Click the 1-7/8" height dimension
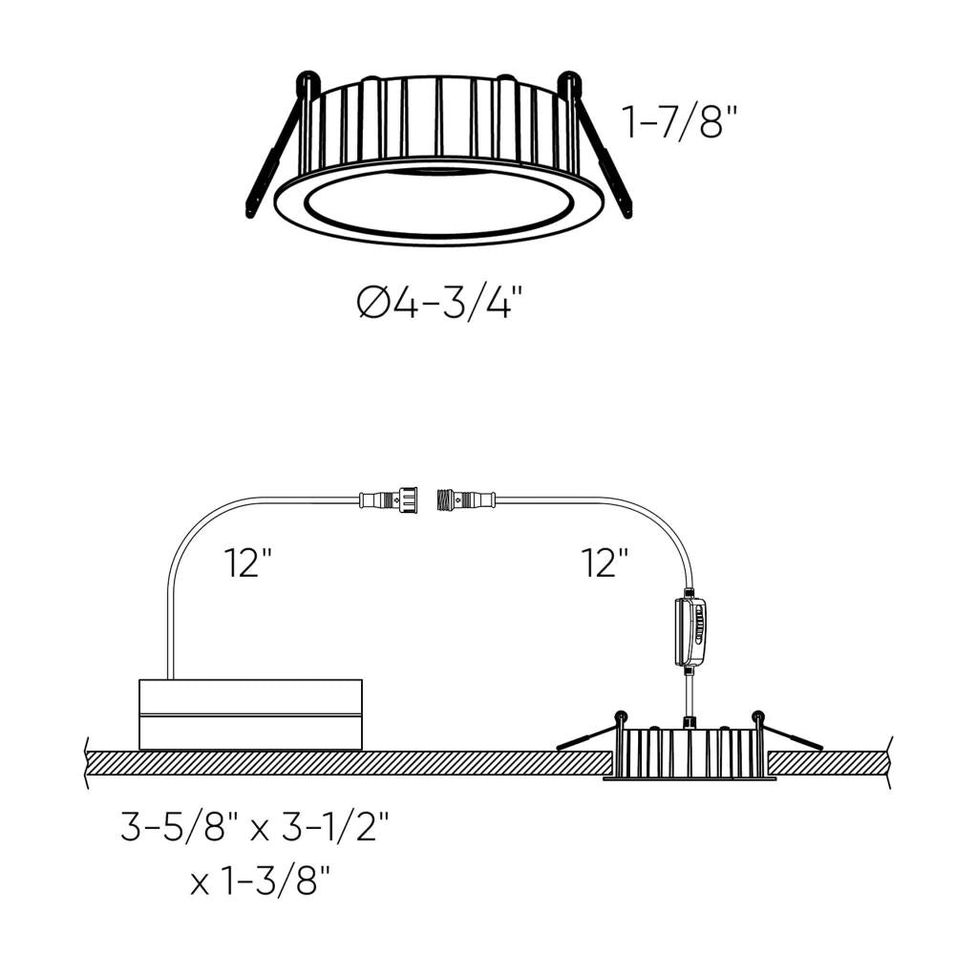(680, 121)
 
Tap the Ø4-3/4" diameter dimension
(439, 304)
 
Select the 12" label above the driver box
(248, 562)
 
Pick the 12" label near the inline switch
(605, 562)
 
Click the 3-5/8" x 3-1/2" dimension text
(256, 826)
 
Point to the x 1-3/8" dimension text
(265, 881)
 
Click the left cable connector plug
(389, 499)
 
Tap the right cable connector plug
(467, 499)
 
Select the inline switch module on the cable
(690, 631)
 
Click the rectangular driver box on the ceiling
(250, 714)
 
